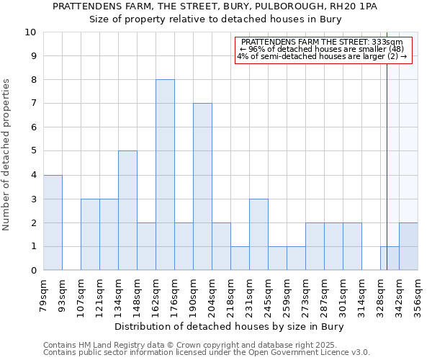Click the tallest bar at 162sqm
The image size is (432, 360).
tap(165, 175)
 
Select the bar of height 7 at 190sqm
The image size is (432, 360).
tap(202, 186)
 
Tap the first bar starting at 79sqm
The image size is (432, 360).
tap(53, 222)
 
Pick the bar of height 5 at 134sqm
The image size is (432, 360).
tap(127, 210)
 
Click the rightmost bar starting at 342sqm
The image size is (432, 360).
tap(408, 246)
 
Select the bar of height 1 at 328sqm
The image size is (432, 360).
tap(390, 258)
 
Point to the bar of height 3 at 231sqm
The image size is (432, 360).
tap(258, 234)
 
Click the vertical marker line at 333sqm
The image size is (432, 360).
tap(387, 144)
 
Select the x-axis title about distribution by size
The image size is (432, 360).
tap(230, 327)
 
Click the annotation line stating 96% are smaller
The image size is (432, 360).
tap(323, 49)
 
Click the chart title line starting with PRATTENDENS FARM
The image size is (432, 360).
tap(215, 6)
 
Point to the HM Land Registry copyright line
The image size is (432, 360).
tap(180, 345)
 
